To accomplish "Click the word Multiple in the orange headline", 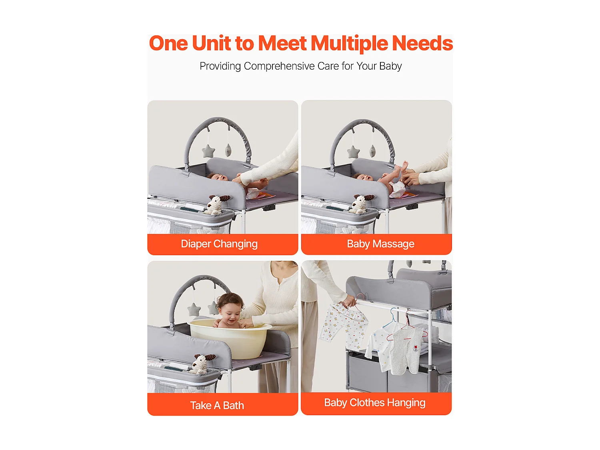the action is point(349,44).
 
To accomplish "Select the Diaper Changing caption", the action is point(219,244).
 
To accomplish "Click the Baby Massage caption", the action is point(380,244).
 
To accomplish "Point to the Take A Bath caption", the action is point(217,405).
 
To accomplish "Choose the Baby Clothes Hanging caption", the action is point(374,403).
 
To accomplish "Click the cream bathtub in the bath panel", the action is point(229,338).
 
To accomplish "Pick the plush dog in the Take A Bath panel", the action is point(202,364).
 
